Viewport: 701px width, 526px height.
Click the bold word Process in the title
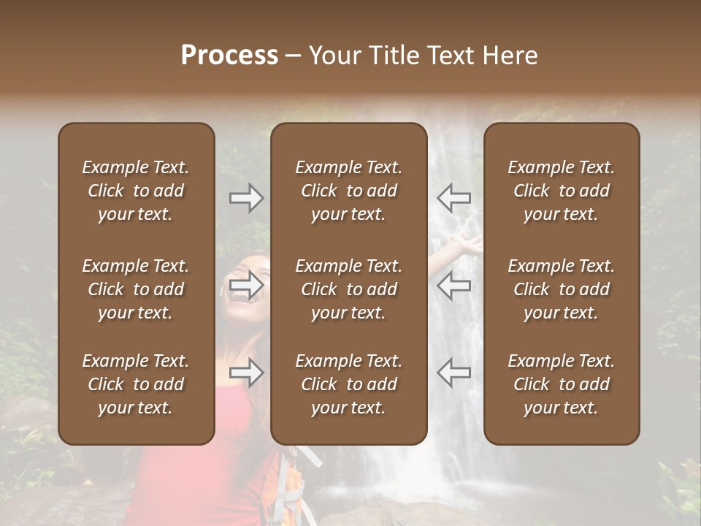tap(229, 56)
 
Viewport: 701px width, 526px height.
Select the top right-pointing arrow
tap(247, 198)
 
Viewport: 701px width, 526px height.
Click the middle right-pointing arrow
tap(247, 286)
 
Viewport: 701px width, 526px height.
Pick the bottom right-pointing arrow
tap(247, 373)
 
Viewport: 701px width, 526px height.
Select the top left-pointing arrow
tap(453, 198)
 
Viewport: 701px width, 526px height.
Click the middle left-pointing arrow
tap(453, 286)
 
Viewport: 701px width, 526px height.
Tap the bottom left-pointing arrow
tap(453, 373)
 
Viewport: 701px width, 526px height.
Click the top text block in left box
tap(136, 191)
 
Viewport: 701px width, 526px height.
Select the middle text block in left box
tap(136, 289)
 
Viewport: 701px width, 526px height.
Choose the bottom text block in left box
tap(136, 384)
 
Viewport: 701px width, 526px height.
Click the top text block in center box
tap(348, 191)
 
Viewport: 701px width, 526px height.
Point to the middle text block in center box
tap(348, 289)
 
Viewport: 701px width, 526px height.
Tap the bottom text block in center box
tap(348, 384)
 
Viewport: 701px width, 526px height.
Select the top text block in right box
tap(561, 191)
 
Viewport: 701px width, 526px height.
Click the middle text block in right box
tap(561, 289)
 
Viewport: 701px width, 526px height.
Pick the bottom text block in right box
tap(561, 384)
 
